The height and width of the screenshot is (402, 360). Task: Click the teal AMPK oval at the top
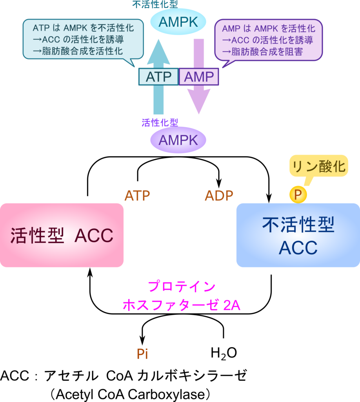tap(178, 22)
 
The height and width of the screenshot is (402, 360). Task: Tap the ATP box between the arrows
tap(158, 77)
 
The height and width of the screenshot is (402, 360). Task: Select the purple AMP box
tap(199, 77)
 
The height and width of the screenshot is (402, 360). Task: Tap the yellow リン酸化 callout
tap(319, 166)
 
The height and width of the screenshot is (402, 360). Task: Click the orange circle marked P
tap(298, 195)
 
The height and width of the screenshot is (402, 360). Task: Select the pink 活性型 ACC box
tap(62, 235)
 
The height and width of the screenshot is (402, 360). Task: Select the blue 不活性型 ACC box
tap(298, 235)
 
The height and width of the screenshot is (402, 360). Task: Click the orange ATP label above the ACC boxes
tap(137, 196)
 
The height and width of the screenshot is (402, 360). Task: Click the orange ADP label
tap(219, 196)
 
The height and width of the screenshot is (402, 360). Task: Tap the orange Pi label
tap(142, 354)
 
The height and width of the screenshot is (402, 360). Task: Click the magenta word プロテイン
tap(181, 286)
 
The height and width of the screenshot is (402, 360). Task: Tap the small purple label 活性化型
tap(160, 122)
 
